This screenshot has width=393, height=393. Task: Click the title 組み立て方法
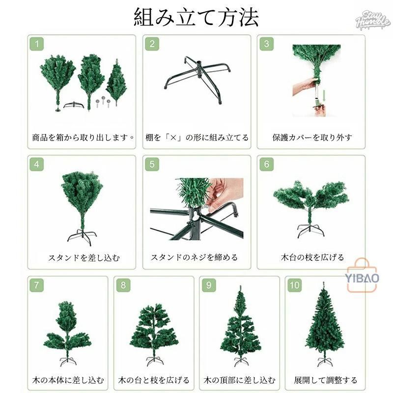tap(196, 18)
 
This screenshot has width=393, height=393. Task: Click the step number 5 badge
tap(152, 164)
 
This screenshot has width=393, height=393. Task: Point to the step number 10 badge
tap(295, 285)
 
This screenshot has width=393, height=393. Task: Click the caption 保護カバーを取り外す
tap(312, 138)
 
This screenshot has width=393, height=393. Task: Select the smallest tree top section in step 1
tap(116, 81)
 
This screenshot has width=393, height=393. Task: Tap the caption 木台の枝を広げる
tap(312, 257)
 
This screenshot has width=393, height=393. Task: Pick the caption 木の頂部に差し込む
tap(240, 380)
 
